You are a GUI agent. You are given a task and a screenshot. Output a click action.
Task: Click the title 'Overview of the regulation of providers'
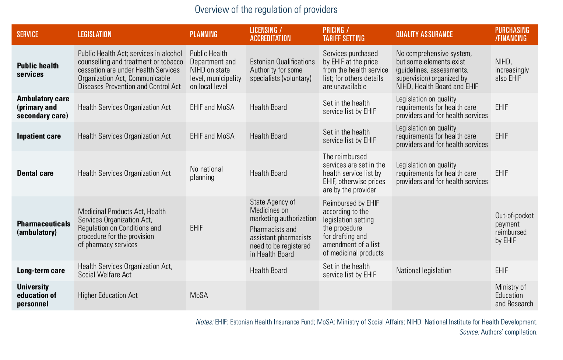tap(266, 10)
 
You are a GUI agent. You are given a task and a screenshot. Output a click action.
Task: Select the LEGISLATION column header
tap(95, 34)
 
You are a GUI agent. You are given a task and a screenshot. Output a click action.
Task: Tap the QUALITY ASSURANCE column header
tap(424, 34)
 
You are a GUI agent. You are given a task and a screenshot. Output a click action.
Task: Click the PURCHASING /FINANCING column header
tap(512, 34)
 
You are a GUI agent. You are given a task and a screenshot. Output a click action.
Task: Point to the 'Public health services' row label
tap(38, 70)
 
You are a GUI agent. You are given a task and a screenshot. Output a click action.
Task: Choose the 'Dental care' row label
tap(35, 173)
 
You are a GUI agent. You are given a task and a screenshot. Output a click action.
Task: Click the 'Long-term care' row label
tap(41, 270)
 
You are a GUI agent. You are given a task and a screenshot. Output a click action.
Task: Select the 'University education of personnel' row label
tap(37, 296)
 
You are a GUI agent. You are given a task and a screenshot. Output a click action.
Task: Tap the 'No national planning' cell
tap(206, 173)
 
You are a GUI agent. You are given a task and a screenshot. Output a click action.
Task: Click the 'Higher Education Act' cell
tap(108, 295)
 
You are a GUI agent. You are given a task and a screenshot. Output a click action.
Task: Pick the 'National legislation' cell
tap(424, 270)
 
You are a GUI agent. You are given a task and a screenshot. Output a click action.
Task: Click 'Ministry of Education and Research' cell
tap(514, 296)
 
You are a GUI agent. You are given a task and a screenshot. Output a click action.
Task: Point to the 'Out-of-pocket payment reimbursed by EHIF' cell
tap(514, 228)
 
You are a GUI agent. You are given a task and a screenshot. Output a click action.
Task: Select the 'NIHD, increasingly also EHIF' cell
tap(512, 70)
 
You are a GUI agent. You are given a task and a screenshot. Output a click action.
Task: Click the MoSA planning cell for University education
tap(199, 295)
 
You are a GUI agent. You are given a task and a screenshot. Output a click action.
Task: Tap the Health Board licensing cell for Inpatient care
tap(268, 136)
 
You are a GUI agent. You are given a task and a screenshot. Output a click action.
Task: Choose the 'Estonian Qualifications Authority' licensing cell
tap(282, 70)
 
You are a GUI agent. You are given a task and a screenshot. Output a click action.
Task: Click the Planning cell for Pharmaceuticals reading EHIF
tap(196, 228)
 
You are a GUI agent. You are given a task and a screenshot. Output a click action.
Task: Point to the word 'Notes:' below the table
tap(205, 322)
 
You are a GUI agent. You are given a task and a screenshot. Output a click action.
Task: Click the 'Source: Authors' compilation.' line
tap(499, 332)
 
